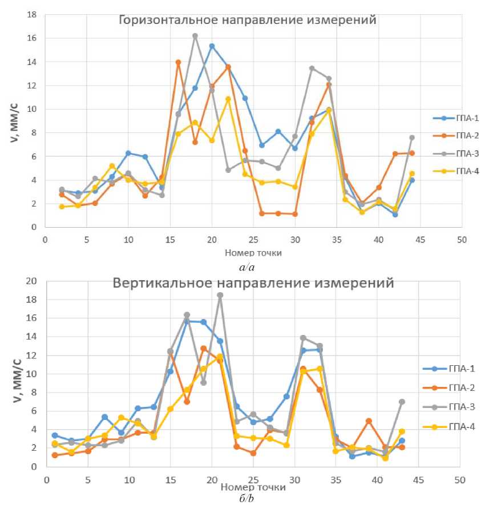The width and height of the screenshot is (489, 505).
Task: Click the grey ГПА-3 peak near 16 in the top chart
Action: (x=195, y=36)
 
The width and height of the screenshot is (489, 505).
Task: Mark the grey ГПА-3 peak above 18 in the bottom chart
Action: (x=220, y=296)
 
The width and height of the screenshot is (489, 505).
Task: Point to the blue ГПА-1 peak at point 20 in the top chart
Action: (x=212, y=46)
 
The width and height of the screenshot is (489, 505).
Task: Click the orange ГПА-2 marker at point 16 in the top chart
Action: (x=178, y=62)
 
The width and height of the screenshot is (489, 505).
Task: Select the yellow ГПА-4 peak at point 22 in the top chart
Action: (x=228, y=99)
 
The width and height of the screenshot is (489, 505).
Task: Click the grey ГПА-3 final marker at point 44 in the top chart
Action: (x=411, y=138)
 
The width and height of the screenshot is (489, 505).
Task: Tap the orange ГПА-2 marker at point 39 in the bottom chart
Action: (x=369, y=421)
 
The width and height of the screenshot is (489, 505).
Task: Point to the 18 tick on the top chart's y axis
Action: (x=33, y=14)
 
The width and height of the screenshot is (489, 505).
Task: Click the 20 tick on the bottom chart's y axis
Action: (x=33, y=281)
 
